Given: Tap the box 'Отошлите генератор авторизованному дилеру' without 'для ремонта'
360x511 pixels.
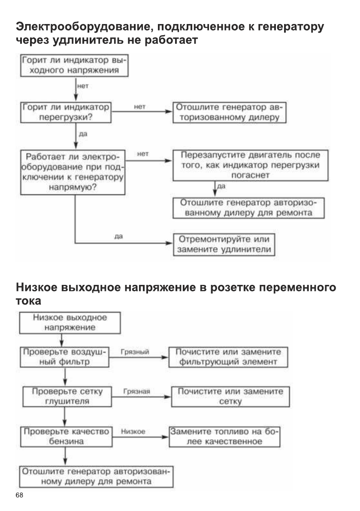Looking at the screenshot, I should (230, 112).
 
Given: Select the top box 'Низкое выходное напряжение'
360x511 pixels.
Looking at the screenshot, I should (69, 322).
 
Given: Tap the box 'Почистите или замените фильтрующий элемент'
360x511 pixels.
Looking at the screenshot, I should (227, 357).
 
